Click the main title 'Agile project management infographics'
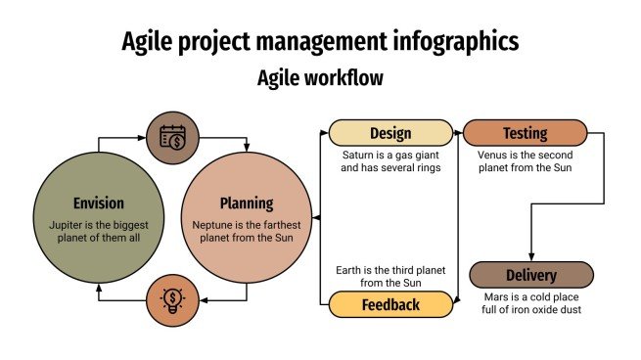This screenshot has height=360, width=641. click(320, 41)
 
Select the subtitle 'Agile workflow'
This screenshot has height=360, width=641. click(320, 77)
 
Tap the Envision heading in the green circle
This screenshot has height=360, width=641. click(99, 203)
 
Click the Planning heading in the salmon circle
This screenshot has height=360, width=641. click(246, 203)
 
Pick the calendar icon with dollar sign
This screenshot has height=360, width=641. click(171, 136)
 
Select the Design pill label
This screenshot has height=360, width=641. click(389, 133)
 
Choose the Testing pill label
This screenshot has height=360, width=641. click(525, 133)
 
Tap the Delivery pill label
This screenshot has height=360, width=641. click(531, 275)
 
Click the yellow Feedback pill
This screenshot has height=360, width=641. click(389, 305)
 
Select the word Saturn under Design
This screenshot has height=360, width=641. click(360, 155)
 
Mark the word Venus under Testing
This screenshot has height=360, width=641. click(495, 155)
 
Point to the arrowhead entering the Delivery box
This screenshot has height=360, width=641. click(531, 257)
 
